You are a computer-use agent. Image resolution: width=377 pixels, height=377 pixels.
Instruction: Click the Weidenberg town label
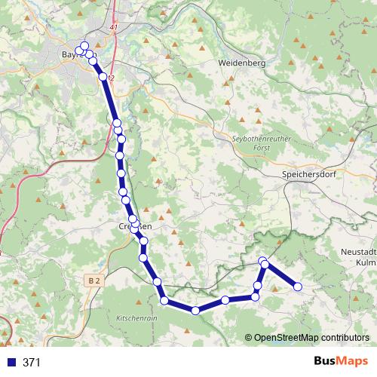[x=241, y=64]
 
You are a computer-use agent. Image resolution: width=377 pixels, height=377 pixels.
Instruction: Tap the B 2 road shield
[x=93, y=280]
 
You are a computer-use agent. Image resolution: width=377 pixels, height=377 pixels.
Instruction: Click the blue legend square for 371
[x=11, y=363]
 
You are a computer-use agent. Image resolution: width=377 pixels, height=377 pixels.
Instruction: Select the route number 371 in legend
[x=32, y=363]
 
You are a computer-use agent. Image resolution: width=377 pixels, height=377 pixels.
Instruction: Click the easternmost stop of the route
[x=298, y=287]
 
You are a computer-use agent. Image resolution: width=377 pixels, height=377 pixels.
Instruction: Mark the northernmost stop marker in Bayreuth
[x=84, y=45]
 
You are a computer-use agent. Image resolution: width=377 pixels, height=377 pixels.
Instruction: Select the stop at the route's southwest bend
[x=164, y=301]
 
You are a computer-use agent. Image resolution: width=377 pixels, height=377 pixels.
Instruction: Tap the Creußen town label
[x=136, y=225]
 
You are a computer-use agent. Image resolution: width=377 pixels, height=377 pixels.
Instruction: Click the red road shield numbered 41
[x=114, y=27]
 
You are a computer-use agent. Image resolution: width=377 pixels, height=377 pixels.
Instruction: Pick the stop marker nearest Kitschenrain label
[x=164, y=301]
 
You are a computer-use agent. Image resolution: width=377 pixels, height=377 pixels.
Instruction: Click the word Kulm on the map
[x=365, y=262]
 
